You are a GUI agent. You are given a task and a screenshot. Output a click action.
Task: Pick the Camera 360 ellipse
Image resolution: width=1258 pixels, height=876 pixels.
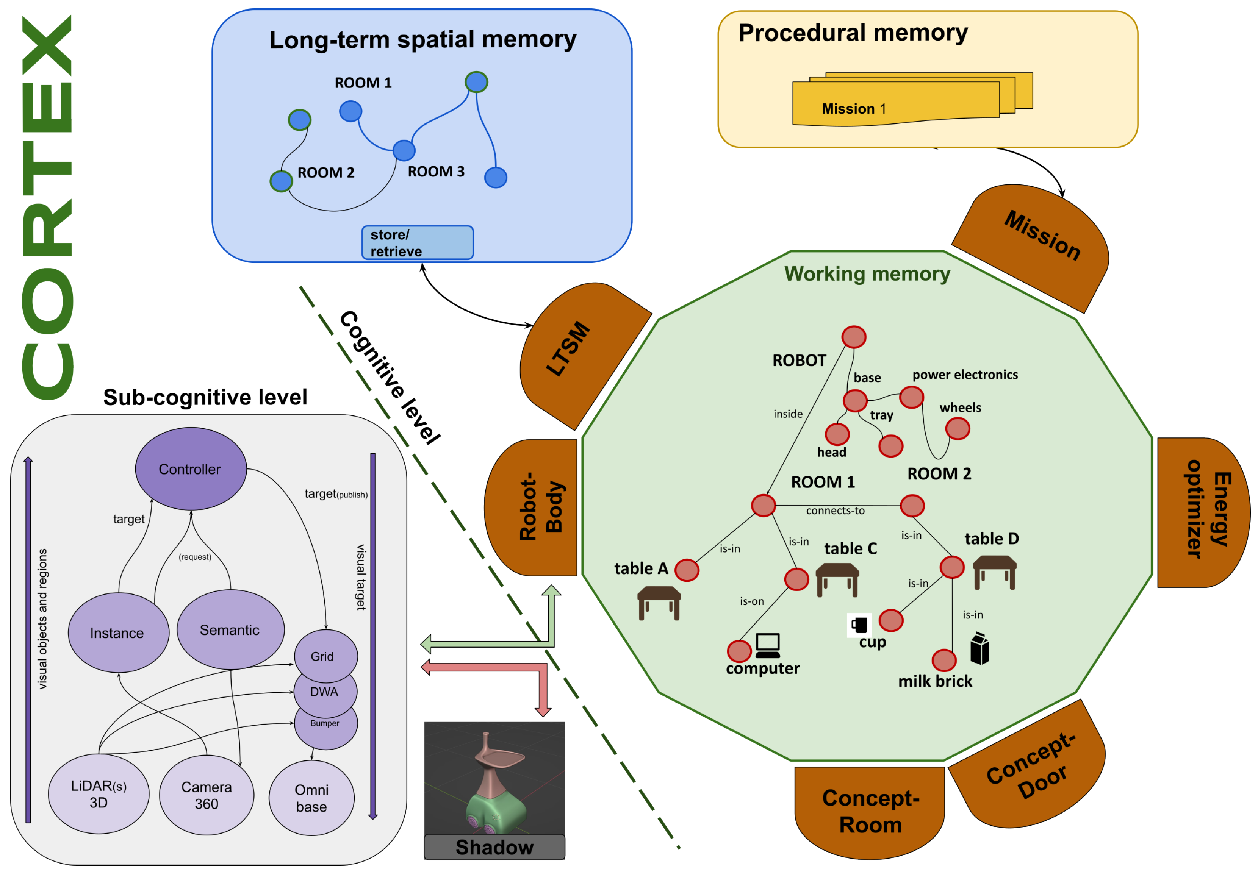[207, 795]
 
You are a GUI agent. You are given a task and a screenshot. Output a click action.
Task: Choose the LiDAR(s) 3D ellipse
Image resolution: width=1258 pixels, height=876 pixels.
[99, 794]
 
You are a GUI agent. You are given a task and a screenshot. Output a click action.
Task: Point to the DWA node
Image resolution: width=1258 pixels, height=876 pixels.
[324, 692]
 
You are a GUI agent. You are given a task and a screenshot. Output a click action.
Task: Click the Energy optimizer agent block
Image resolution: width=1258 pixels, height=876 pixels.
[1203, 513]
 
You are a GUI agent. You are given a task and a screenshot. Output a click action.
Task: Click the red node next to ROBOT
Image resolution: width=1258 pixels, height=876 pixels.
[854, 337]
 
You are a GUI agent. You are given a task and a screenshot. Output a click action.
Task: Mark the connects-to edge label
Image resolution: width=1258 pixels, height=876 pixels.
[835, 511]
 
